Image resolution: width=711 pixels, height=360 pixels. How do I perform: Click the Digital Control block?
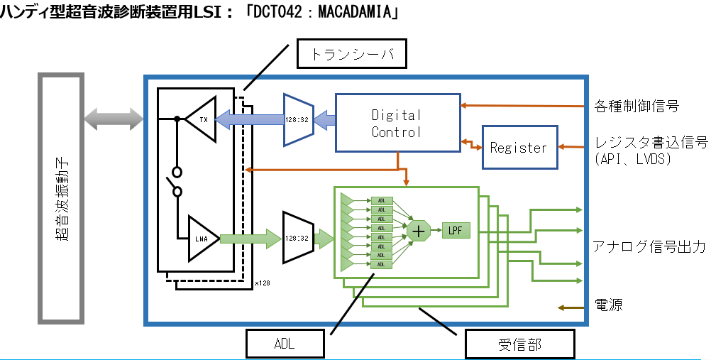point(397,123)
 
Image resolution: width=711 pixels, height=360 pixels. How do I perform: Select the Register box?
point(519,148)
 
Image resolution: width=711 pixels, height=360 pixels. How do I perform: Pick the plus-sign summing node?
point(418,231)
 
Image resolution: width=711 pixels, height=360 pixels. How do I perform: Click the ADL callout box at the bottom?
point(284,344)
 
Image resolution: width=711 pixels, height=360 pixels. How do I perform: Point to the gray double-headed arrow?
point(112,119)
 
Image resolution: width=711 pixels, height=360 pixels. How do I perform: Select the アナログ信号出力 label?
point(649,247)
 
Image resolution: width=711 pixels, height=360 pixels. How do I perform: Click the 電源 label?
point(608,307)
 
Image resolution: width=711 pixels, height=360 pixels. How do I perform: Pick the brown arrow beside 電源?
point(571,307)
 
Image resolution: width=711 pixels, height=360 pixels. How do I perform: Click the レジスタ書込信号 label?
point(651,143)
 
